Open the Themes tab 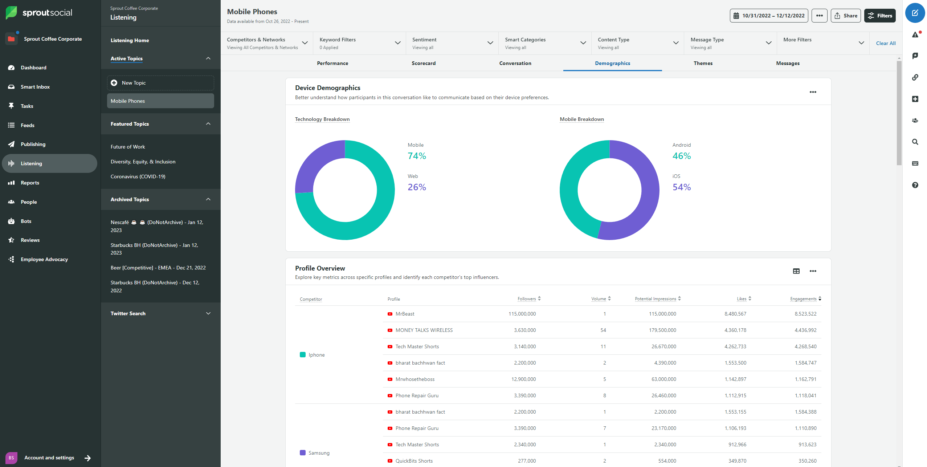point(703,63)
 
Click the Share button point(845,16)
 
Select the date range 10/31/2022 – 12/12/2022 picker point(769,16)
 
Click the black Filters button point(879,16)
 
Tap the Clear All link point(885,43)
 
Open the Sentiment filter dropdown point(452,43)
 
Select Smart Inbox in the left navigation point(35,87)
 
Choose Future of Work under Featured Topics point(128,147)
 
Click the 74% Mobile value point(417,156)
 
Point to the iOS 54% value point(681,187)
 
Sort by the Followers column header point(526,299)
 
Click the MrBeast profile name point(405,314)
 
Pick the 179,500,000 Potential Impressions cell point(662,330)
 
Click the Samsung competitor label point(319,453)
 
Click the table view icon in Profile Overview point(796,271)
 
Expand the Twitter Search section point(160,313)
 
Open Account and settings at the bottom point(49,458)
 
